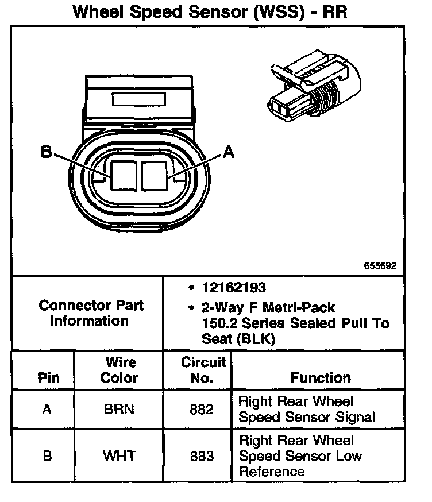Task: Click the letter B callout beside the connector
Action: pos(47,152)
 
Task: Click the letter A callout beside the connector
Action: pos(228,152)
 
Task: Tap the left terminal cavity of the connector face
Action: pos(124,176)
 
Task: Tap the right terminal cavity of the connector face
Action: pos(155,176)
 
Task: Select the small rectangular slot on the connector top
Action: pos(139,99)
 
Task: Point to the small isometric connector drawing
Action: pos(314,86)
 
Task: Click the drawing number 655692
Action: pos(380,265)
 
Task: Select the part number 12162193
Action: pos(234,288)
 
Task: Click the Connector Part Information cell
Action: pos(91,313)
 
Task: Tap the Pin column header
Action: pos(49,378)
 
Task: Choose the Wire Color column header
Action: pos(119,370)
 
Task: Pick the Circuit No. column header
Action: pos(203,370)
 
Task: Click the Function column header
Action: pos(321,378)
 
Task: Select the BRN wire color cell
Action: pos(119,409)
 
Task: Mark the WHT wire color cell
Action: pos(119,456)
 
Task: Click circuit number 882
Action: pos(202,410)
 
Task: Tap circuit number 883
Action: pos(202,456)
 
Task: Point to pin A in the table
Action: pos(47,409)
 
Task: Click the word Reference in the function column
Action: pos(272,472)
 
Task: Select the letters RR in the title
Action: pos(335,12)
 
